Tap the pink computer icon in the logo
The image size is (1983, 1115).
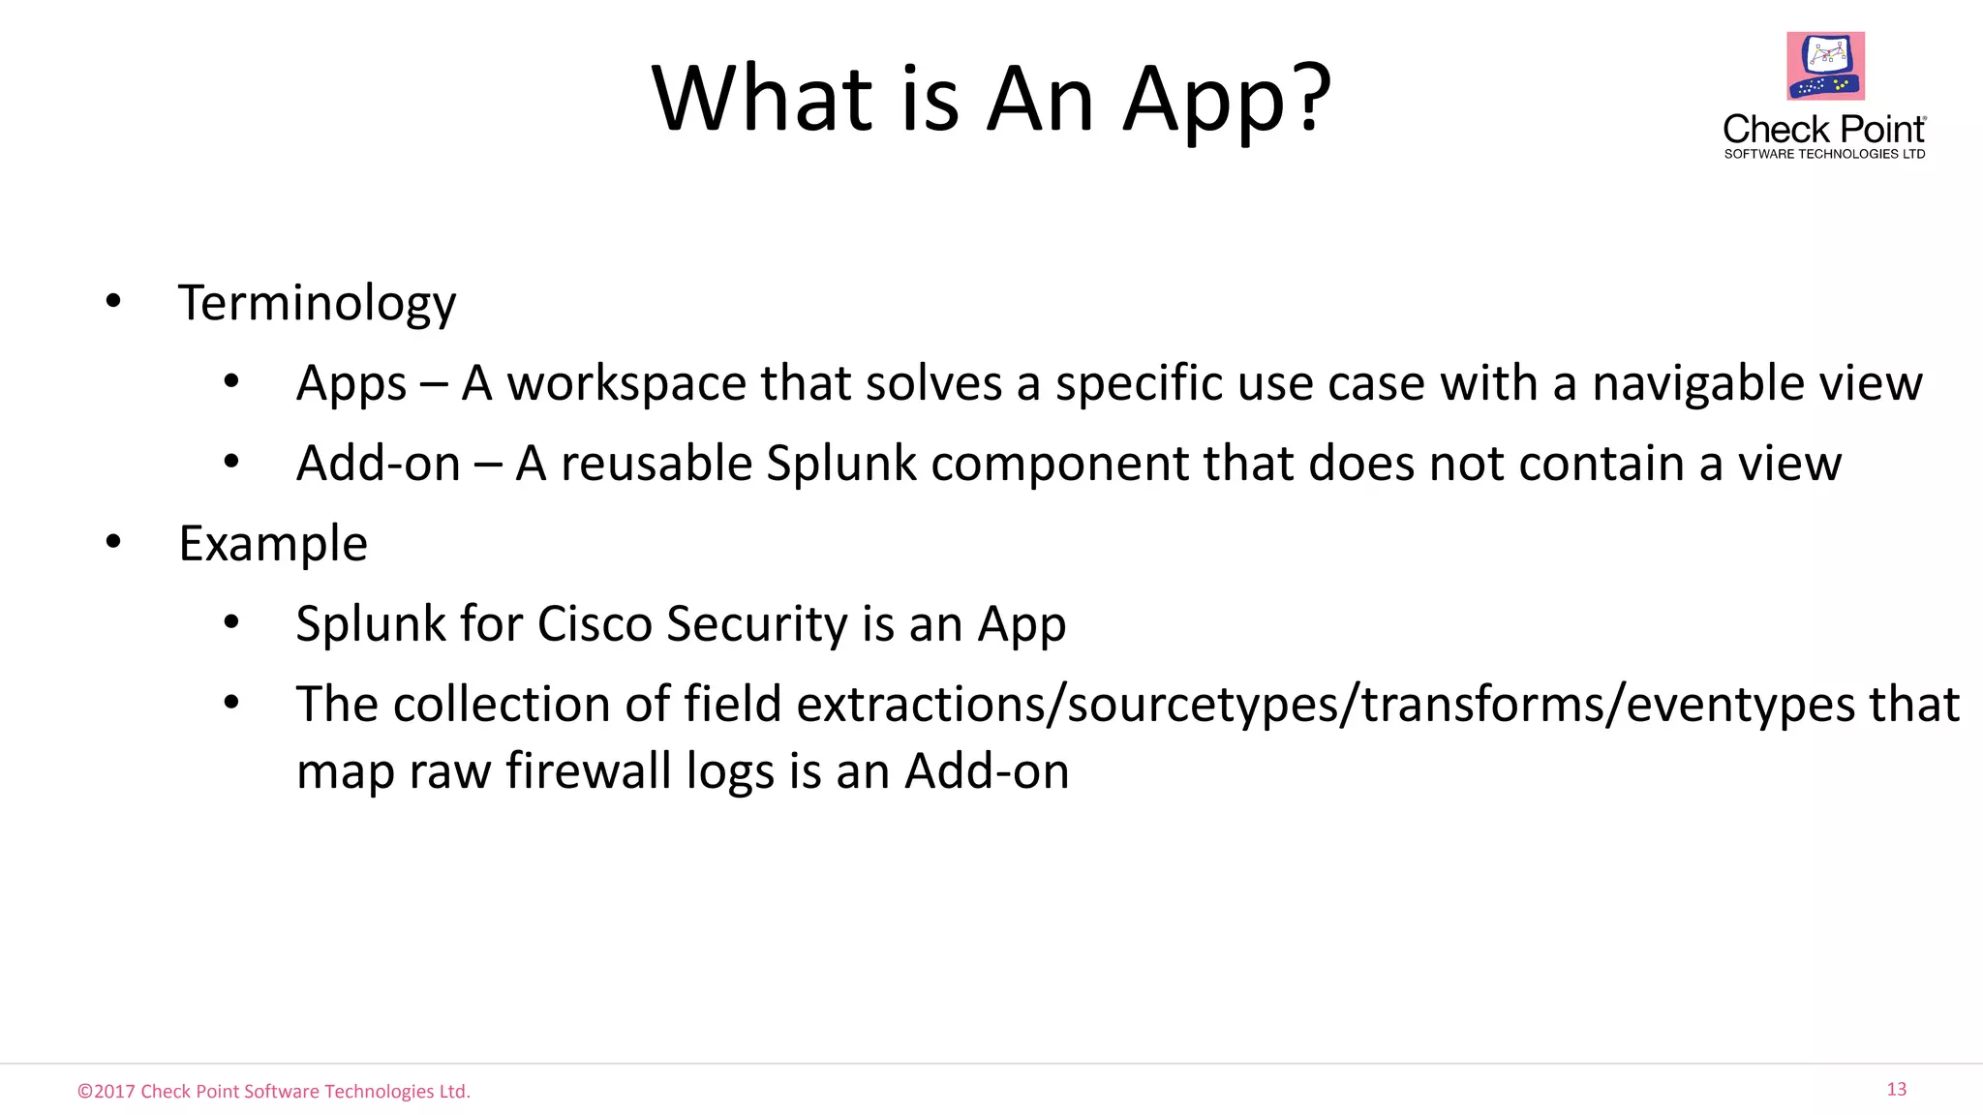(1825, 66)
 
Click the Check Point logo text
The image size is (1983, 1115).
(1824, 130)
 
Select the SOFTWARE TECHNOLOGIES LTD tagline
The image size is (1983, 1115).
(1824, 154)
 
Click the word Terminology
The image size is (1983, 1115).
(317, 304)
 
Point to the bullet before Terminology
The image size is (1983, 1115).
(113, 301)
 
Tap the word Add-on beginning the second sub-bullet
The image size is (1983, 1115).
(379, 464)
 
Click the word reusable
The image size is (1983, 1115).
(656, 464)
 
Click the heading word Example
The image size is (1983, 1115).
(273, 544)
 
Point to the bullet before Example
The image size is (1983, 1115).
(113, 542)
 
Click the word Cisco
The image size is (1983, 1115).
(595, 624)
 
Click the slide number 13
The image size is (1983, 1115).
(1896, 1090)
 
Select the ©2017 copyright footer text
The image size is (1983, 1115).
(274, 1092)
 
